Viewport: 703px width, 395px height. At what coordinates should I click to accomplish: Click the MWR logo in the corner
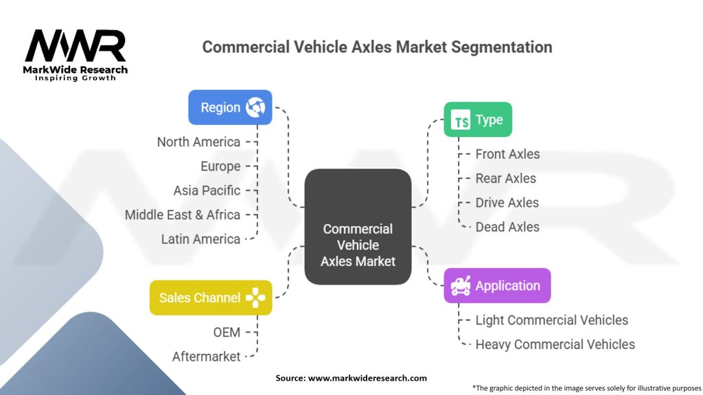click(x=76, y=55)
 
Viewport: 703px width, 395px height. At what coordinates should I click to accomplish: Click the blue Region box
click(x=230, y=108)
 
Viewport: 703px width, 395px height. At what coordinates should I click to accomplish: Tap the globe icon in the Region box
click(x=255, y=108)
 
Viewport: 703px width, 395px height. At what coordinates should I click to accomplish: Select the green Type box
click(x=478, y=119)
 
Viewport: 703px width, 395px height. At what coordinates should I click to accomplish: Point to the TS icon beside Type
click(x=461, y=119)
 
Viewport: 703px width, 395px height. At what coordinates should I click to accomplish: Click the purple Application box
click(x=497, y=286)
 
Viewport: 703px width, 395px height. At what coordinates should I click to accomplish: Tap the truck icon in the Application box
click(x=461, y=286)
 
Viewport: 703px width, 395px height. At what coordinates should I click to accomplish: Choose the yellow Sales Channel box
click(x=211, y=298)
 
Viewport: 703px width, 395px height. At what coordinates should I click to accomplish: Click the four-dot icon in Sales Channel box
click(x=255, y=298)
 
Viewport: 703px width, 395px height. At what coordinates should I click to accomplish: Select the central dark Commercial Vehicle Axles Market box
click(x=358, y=226)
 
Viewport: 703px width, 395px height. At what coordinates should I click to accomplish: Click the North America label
click(x=198, y=142)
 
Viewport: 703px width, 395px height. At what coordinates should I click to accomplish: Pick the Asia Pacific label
click(x=207, y=191)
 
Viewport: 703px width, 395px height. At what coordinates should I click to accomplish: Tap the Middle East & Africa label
click(x=183, y=215)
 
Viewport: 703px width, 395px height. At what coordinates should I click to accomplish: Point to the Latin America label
click(x=200, y=239)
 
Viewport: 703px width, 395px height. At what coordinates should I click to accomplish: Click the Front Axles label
click(x=507, y=154)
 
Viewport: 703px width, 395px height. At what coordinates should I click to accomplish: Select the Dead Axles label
click(x=507, y=227)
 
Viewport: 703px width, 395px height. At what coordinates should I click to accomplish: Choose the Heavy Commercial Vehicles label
click(x=555, y=344)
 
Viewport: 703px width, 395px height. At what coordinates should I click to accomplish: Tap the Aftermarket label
click(x=206, y=357)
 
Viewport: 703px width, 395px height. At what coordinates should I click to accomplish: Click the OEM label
click(x=227, y=333)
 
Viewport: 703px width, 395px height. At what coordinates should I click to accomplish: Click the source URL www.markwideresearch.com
click(x=367, y=378)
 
